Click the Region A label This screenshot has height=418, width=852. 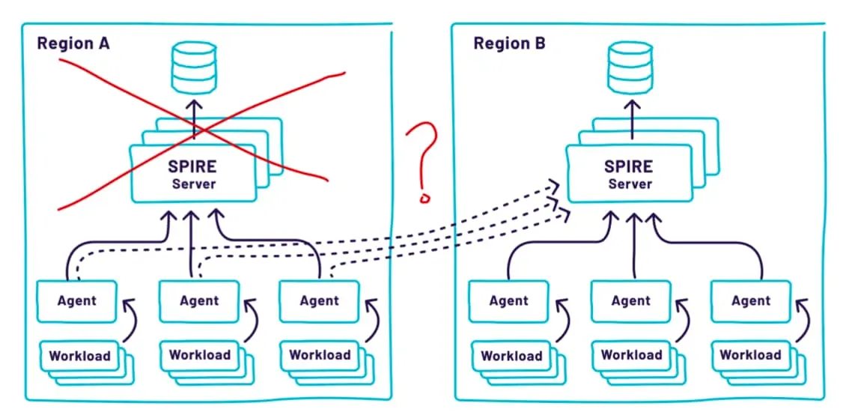pos(73,43)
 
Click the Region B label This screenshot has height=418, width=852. pos(509,43)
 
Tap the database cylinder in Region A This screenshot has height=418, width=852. pos(194,68)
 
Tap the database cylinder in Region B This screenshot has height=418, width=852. pos(630,68)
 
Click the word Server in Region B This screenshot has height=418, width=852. pos(630,184)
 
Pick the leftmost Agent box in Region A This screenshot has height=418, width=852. pos(77,301)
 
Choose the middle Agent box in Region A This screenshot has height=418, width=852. pos(199,301)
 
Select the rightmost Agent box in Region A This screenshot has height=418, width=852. pos(319,301)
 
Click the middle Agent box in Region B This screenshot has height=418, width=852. pos(631,300)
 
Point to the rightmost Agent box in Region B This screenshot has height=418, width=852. pos(752,300)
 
